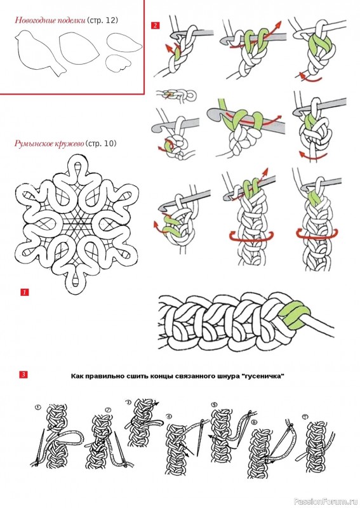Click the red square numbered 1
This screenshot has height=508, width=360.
25,292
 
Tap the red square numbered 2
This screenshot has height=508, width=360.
156,25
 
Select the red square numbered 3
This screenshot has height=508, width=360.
23,375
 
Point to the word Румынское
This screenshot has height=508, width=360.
32,144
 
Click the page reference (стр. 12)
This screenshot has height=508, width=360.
102,20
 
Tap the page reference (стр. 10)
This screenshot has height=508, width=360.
100,144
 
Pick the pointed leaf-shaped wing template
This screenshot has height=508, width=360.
123,43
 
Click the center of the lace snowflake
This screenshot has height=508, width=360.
77,224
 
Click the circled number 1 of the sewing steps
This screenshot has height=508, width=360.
38,407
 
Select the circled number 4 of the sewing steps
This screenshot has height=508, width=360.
168,417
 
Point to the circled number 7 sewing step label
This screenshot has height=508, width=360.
304,417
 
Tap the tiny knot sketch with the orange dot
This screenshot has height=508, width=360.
176,95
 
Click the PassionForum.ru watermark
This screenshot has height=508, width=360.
326,502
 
